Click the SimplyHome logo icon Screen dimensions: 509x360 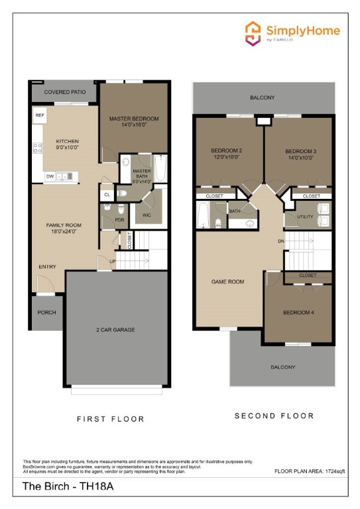click(x=253, y=32)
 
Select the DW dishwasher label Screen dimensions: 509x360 click(x=50, y=176)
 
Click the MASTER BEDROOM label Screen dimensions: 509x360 click(x=134, y=119)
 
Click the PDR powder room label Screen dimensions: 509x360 click(x=120, y=219)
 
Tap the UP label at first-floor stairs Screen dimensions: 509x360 click(x=113, y=262)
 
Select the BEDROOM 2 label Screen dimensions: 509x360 click(x=226, y=150)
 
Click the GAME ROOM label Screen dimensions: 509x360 click(x=227, y=282)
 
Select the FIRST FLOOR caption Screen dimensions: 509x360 click(x=111, y=419)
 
